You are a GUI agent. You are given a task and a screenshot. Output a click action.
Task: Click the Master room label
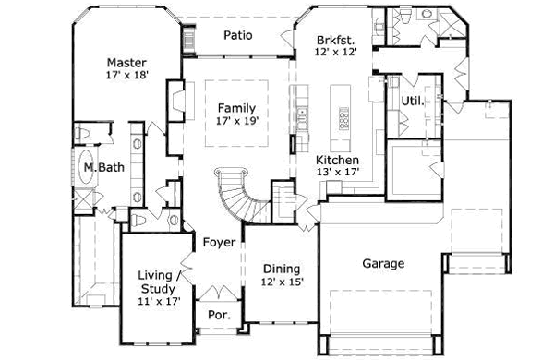coord(127,63)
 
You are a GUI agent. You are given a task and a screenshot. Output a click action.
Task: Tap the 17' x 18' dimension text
coord(127,78)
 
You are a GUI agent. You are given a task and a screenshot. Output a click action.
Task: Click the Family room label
coord(236,107)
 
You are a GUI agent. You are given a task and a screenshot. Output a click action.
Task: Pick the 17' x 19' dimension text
coord(236,121)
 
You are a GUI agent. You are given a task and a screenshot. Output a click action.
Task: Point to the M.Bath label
coord(99,169)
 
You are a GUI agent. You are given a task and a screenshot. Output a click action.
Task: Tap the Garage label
coord(382,264)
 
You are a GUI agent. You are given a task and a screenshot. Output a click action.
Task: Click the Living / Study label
coord(160,282)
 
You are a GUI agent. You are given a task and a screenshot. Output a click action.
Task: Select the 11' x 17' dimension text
coord(160,300)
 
